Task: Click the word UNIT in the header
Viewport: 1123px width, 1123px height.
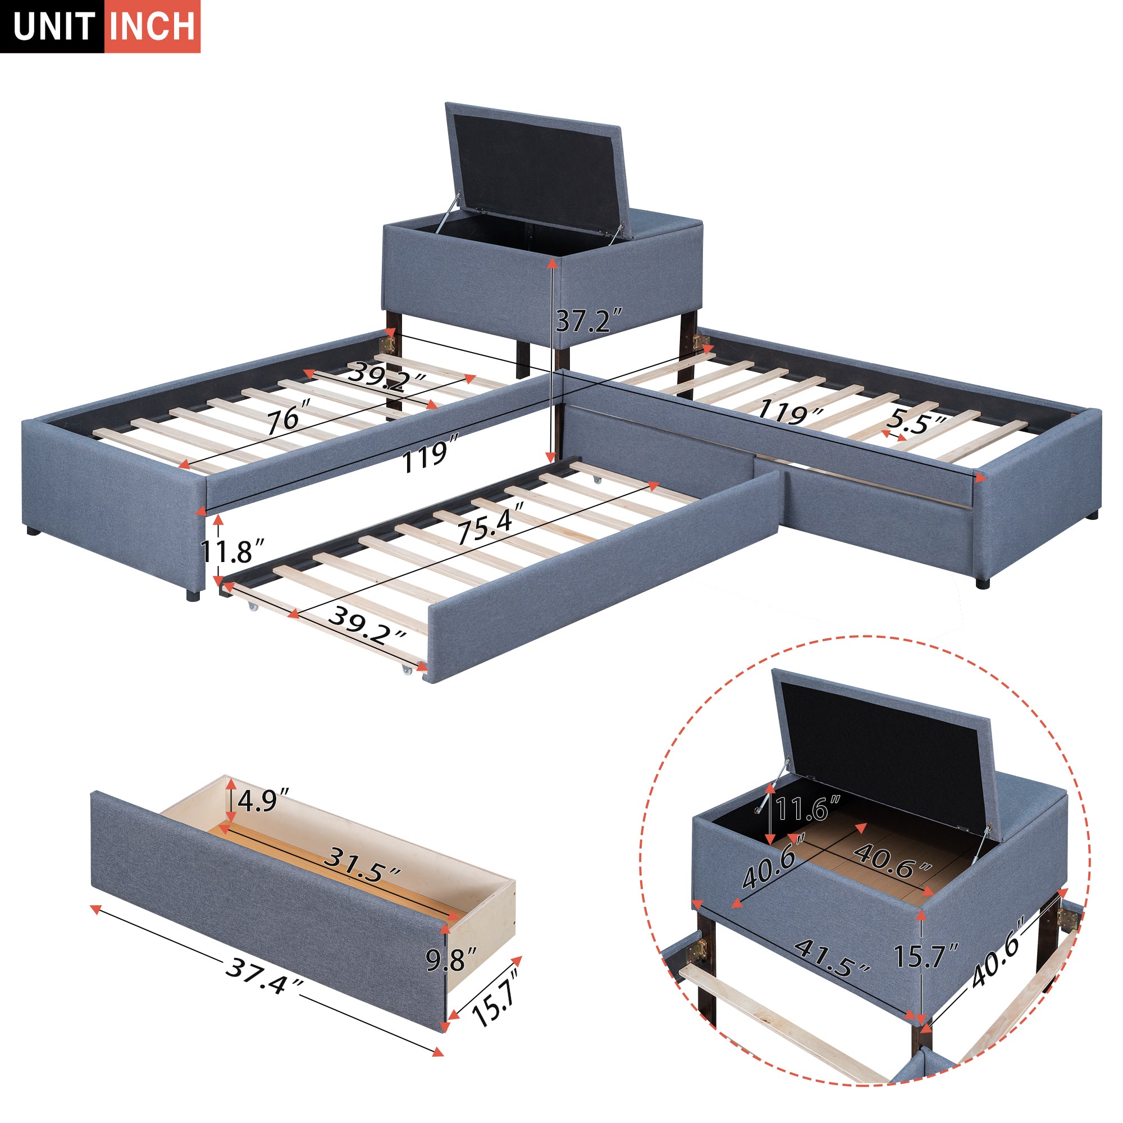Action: tap(53, 26)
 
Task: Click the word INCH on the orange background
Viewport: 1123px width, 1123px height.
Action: tap(152, 26)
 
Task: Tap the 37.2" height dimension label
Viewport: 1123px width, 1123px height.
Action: tap(589, 320)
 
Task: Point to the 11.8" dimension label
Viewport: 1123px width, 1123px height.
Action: tap(232, 550)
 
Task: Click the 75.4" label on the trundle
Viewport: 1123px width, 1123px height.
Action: tap(490, 525)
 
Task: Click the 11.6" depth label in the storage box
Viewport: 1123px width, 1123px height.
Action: tap(808, 809)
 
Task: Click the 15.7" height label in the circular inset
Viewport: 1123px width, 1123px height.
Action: tap(925, 955)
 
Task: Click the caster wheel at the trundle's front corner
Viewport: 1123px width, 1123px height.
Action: tap(404, 670)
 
